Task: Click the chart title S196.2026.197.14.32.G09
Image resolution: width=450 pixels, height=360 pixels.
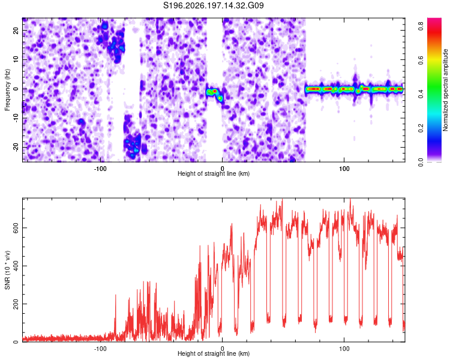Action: click(213, 5)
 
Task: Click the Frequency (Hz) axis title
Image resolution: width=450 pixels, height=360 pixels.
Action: click(7, 90)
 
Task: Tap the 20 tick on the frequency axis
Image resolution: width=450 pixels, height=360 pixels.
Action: click(16, 30)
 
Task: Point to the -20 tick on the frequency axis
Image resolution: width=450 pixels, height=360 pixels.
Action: click(16, 147)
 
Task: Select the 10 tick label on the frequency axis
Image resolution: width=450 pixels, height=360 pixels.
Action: click(16, 59)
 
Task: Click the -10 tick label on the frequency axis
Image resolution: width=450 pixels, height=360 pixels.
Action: click(16, 118)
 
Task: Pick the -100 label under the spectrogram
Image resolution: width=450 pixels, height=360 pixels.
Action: click(100, 169)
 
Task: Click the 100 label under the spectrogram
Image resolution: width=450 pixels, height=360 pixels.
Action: click(344, 169)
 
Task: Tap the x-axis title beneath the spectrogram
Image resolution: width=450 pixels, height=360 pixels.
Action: click(214, 173)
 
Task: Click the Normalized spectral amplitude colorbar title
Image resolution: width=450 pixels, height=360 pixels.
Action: click(445, 90)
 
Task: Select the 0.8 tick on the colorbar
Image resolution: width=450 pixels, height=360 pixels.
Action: click(421, 26)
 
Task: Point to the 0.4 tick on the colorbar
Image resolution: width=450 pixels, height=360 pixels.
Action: click(421, 94)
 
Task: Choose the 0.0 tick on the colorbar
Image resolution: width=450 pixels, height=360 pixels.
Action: click(421, 162)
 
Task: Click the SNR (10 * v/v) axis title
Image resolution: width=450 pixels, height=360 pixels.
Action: click(7, 270)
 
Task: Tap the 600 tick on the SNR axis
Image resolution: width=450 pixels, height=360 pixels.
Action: click(16, 228)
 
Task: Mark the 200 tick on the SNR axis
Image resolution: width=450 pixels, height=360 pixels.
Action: click(16, 304)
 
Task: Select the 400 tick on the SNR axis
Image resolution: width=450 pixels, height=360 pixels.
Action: click(16, 266)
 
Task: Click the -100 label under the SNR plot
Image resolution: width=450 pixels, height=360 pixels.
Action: click(100, 349)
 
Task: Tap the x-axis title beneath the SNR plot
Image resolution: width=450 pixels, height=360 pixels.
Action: click(214, 353)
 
